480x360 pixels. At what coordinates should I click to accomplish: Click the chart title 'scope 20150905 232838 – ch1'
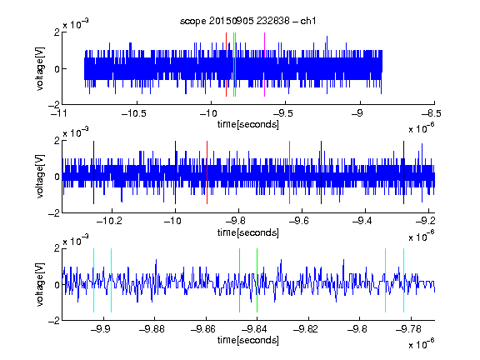(x=248, y=21)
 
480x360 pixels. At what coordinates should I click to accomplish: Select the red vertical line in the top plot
(x=226, y=65)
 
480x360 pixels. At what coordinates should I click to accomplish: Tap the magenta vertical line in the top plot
(x=264, y=65)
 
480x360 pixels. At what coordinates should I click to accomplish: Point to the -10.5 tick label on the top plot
(x=134, y=114)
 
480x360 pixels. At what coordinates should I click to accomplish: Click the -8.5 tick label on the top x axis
(x=432, y=114)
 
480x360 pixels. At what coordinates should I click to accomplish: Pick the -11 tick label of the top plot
(x=59, y=114)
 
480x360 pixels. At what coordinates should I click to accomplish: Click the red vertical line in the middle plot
(x=207, y=172)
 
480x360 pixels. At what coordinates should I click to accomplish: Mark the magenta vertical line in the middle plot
(x=290, y=172)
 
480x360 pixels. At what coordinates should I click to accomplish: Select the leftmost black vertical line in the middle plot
(x=93, y=172)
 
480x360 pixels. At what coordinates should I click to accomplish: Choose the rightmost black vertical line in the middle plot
(x=404, y=172)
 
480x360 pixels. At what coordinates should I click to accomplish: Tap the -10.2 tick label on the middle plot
(x=109, y=221)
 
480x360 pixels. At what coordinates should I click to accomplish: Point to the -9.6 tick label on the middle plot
(x=299, y=221)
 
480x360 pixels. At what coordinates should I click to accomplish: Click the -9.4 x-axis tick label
(x=362, y=221)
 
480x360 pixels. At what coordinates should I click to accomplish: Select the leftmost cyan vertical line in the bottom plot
(x=93, y=280)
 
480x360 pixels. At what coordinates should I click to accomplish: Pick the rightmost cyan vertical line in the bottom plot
(x=404, y=280)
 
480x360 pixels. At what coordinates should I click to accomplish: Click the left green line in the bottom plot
(x=239, y=280)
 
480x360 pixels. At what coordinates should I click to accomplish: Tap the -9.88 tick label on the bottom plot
(x=152, y=329)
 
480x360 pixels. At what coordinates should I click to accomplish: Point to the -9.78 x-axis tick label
(x=408, y=329)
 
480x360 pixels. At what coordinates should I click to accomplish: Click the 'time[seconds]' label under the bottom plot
(x=248, y=340)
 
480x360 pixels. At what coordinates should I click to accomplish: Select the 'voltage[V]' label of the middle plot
(x=40, y=177)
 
